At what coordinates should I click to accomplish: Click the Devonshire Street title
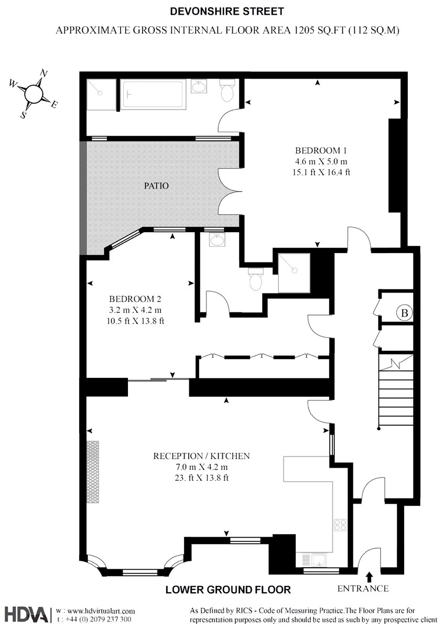pos(227,12)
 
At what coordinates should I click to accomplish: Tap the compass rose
pos(34,94)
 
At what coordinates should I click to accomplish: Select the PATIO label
pos(156,186)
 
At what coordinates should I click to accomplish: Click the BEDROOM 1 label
pos(321,151)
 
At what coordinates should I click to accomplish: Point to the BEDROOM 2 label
pos(135,299)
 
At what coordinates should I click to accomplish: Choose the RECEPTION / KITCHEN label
pos(201,456)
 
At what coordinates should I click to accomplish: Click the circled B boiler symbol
pos(404,312)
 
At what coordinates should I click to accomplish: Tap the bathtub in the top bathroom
pos(153,94)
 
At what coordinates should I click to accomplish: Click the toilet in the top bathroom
pos(227,90)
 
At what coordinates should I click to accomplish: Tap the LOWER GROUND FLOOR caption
pos(228,590)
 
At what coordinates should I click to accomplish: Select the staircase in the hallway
pos(396,391)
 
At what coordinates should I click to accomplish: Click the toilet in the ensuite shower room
pos(256,279)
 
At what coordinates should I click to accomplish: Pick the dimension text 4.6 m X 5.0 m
pos(321,161)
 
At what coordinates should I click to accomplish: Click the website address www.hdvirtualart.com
pos(95,611)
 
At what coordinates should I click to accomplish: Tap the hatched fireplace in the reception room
pos(93,472)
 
